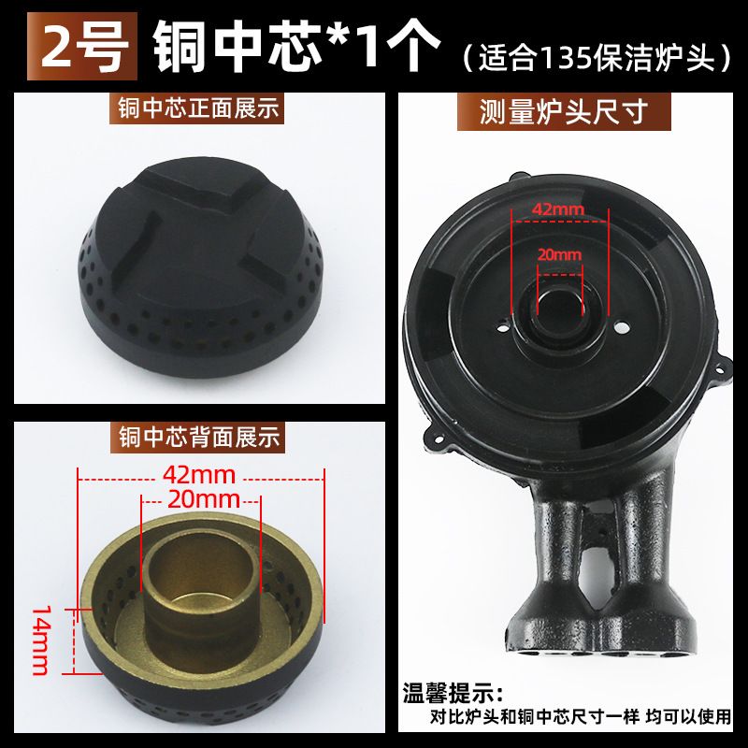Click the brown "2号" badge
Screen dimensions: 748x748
82,46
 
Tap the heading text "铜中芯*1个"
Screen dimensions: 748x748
295,46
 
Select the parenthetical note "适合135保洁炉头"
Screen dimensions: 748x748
597,58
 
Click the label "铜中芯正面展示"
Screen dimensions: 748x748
197,108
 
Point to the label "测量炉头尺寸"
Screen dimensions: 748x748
564,111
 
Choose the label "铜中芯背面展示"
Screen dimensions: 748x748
198,437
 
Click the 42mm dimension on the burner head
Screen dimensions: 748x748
557,209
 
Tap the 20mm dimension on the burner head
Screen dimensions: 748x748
560,254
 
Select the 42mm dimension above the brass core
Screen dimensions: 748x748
199,475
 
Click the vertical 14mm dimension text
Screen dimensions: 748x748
41,640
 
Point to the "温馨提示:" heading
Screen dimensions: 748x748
453,693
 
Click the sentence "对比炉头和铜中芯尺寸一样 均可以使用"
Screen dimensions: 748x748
580,717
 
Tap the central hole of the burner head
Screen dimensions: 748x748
559,305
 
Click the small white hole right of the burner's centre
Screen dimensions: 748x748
622,328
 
